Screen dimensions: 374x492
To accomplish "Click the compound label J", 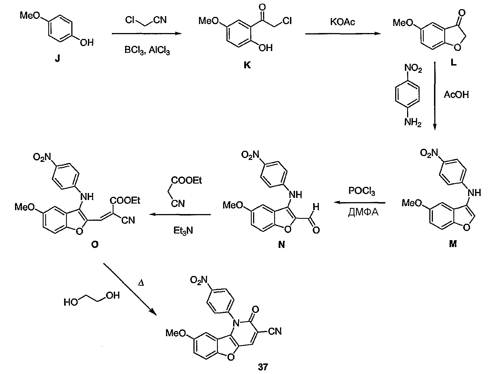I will point(57,59).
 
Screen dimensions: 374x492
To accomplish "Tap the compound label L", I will point(453,63).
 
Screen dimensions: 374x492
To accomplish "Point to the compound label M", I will point(453,244).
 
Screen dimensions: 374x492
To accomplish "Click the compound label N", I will point(281,245).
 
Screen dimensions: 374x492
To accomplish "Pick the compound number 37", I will point(263,367).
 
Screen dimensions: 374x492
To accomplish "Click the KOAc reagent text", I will point(342,22).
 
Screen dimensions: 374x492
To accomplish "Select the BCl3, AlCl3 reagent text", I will point(147,50).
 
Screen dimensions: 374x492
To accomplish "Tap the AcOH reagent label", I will point(456,95).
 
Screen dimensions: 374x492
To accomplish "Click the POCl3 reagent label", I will point(362,191).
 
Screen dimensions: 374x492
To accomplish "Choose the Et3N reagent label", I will point(183,231).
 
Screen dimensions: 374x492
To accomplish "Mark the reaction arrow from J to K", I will point(146,34).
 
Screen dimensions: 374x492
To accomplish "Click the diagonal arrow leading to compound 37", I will point(130,289).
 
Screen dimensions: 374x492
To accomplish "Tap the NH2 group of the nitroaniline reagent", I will point(413,122).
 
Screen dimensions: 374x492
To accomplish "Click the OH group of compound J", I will point(86,42).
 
